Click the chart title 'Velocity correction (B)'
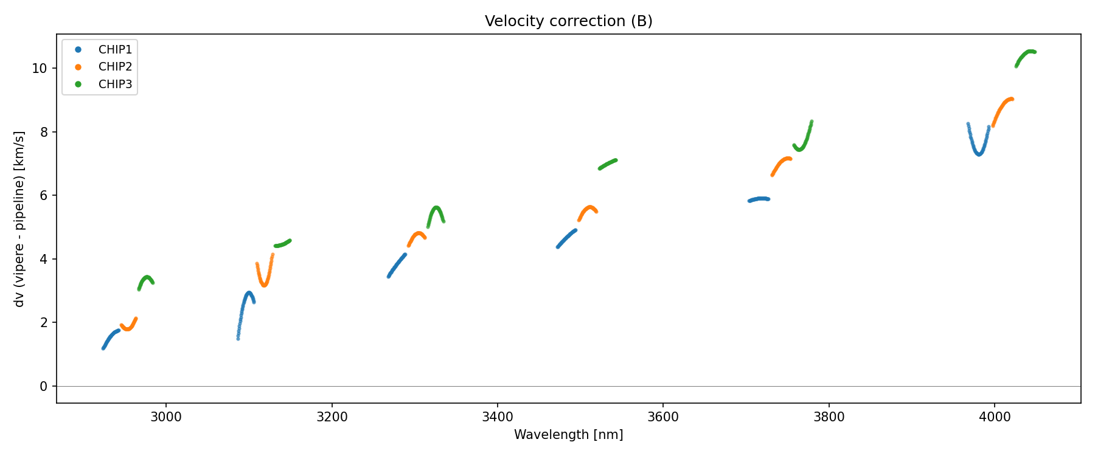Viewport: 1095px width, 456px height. pyautogui.click(x=568, y=21)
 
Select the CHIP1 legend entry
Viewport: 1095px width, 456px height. pyautogui.click(x=115, y=50)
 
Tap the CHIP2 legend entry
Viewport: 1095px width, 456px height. pyautogui.click(x=115, y=67)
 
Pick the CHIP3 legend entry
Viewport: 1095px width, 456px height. pyautogui.click(x=115, y=85)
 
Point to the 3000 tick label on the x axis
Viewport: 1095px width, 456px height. pyautogui.click(x=166, y=417)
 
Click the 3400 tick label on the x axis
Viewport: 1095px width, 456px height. pyautogui.click(x=497, y=417)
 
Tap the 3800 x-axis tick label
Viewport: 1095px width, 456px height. pyautogui.click(x=829, y=417)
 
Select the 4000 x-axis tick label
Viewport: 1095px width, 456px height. pyautogui.click(x=994, y=417)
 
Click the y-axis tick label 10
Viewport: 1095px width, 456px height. pyautogui.click(x=40, y=69)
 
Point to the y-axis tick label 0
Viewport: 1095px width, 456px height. pyautogui.click(x=43, y=387)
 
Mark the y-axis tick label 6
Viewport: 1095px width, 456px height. pyautogui.click(x=43, y=196)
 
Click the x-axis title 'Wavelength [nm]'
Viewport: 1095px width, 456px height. pyautogui.click(x=568, y=435)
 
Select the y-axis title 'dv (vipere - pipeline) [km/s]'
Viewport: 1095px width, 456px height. pyautogui.click(x=19, y=219)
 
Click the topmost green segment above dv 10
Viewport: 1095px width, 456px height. pyautogui.click(x=1027, y=54)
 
